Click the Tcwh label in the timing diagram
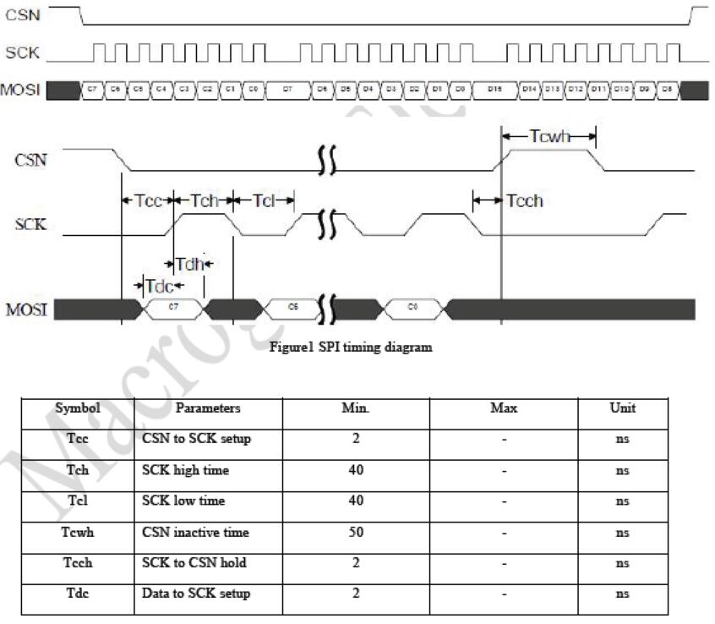[x=549, y=135]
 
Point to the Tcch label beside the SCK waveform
[x=524, y=200]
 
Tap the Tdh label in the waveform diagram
[x=190, y=263]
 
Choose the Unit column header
[x=623, y=408]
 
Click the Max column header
[x=504, y=408]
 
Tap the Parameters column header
[x=208, y=408]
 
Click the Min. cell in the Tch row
[x=356, y=469]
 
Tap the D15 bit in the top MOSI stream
[x=494, y=88]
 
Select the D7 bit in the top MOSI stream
[x=287, y=88]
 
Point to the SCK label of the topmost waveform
[x=22, y=52]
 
